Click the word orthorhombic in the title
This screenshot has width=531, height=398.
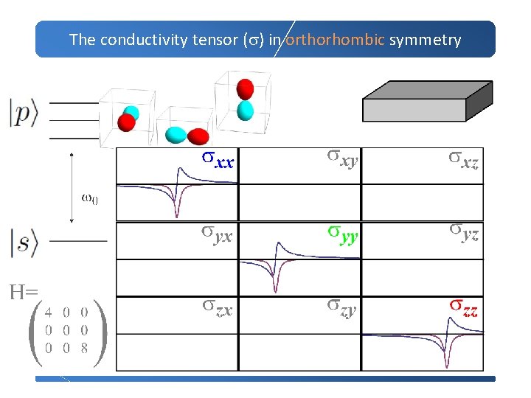(x=335, y=40)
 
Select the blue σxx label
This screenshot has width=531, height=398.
(x=218, y=159)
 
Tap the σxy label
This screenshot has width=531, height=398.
(x=343, y=157)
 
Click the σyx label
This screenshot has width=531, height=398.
(x=218, y=234)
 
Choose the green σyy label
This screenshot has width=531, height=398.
(x=343, y=234)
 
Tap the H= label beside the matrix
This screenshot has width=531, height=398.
(x=24, y=293)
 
